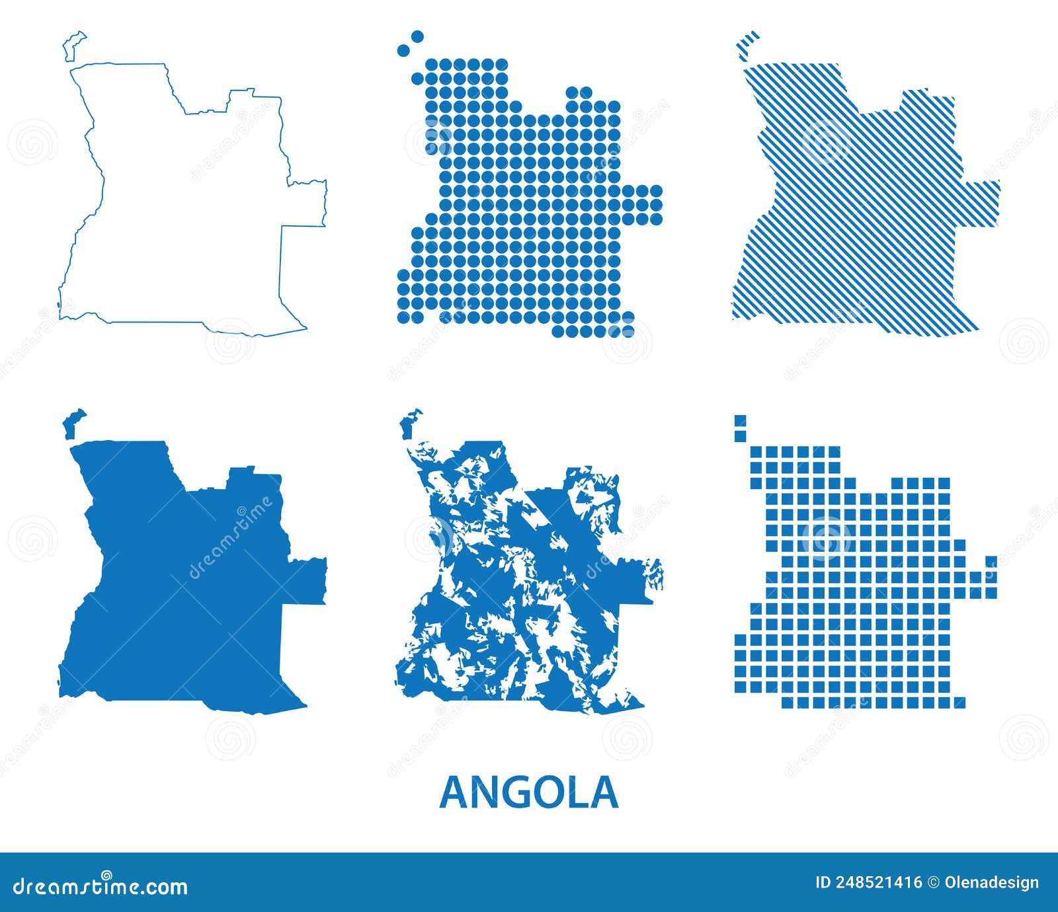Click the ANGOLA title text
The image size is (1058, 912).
click(528, 792)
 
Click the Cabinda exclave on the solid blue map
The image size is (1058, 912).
click(73, 423)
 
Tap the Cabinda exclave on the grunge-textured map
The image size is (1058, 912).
click(411, 423)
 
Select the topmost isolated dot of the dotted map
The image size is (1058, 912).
click(417, 36)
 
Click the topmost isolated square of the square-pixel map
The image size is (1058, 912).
click(740, 420)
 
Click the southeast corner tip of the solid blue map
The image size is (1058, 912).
click(304, 704)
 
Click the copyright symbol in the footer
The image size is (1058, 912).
click(934, 882)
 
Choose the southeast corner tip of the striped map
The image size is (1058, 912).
click(976, 327)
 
